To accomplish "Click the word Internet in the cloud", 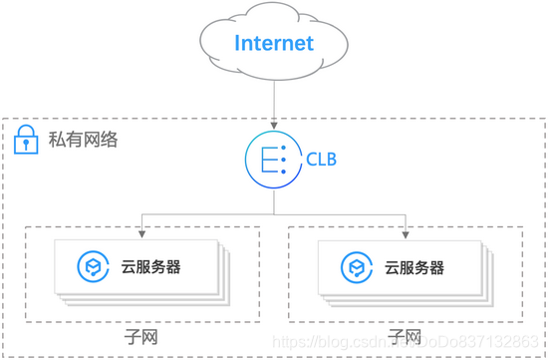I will [274, 43].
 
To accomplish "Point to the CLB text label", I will [320, 159].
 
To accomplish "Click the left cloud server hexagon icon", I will [93, 267].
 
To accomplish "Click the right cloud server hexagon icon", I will [357, 267].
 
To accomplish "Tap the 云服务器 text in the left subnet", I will [151, 267].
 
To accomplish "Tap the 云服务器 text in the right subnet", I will [414, 267].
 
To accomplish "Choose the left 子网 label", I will [141, 336].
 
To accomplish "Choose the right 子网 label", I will [406, 336].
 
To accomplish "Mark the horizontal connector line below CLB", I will [274, 211].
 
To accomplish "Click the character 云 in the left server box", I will [128, 267].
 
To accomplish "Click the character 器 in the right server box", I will [436, 267].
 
